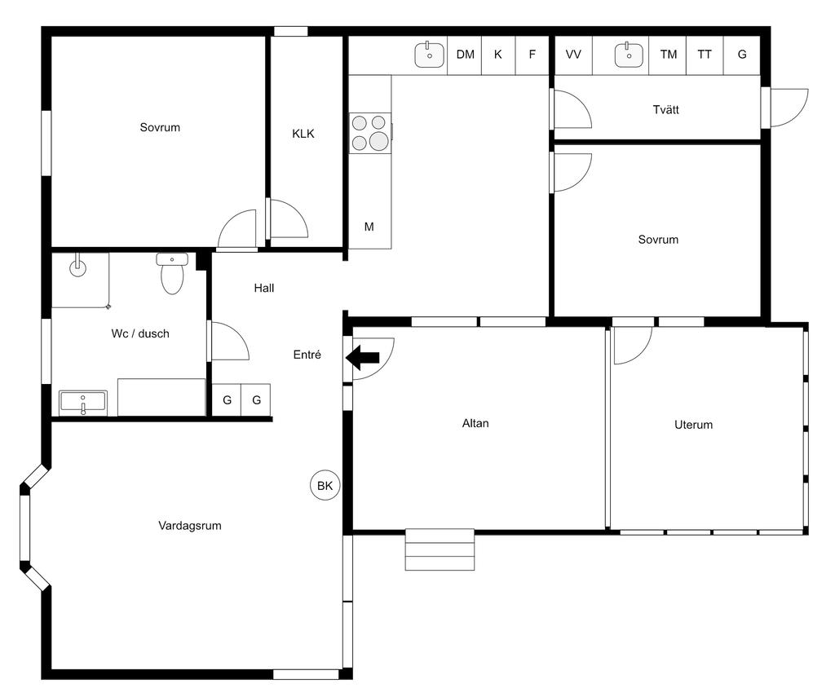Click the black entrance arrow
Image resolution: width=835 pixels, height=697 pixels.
click(362, 357)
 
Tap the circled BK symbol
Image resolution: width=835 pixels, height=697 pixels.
click(325, 486)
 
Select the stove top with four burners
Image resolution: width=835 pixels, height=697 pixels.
click(370, 133)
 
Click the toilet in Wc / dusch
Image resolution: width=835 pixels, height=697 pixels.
click(172, 274)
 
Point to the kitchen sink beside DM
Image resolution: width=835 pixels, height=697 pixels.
click(429, 55)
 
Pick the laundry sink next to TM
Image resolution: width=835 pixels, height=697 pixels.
click(629, 55)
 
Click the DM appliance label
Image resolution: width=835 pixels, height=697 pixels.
click(466, 55)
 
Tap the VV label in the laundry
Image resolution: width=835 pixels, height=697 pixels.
click(573, 55)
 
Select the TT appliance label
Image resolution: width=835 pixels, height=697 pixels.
click(705, 55)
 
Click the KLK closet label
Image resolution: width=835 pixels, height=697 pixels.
click(303, 134)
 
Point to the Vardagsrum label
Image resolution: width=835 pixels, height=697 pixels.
click(189, 526)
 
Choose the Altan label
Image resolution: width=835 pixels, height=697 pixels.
click(475, 423)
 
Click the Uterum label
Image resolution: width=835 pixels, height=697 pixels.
click(693, 425)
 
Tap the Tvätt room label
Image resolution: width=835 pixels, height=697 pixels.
click(665, 110)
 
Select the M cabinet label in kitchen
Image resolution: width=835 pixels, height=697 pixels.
click(369, 227)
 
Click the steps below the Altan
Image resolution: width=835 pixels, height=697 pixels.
click(440, 549)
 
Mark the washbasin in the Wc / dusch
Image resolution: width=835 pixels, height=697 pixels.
click(83, 402)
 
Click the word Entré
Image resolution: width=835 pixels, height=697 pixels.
click(307, 355)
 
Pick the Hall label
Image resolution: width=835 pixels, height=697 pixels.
click(264, 288)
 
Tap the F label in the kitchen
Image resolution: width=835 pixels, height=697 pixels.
click(532, 55)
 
